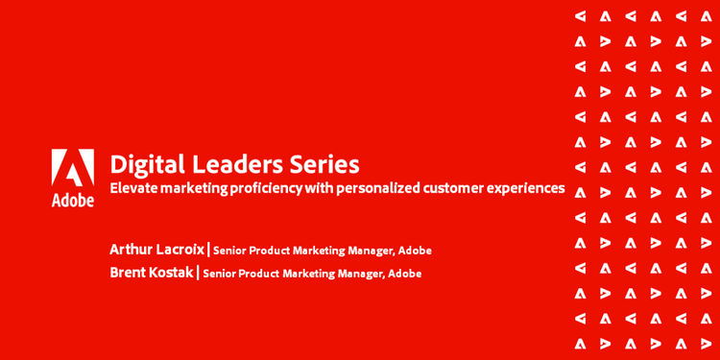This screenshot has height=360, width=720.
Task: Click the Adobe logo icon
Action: pos(73,168)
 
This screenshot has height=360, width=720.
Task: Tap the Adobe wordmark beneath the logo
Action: pos(73,200)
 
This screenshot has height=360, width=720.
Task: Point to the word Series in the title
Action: pos(327,164)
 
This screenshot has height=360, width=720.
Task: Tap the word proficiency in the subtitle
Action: pos(270,188)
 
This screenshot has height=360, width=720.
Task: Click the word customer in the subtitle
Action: pos(453,188)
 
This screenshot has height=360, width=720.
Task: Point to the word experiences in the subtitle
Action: pos(526,188)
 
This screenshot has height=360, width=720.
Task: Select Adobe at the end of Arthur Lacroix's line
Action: pos(415,251)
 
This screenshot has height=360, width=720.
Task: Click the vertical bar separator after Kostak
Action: pos(198,273)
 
